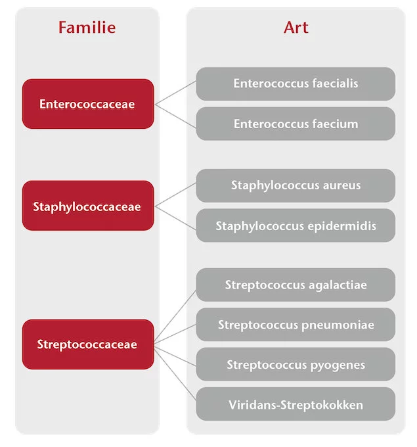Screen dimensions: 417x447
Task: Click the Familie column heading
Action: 87,28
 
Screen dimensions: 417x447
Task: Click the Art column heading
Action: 296,28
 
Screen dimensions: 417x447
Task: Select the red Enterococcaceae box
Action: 88,104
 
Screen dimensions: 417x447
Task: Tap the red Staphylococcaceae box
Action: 88,206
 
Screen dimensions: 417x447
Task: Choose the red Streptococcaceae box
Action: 88,344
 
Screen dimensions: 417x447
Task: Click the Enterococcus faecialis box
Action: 296,84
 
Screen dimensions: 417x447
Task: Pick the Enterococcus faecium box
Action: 296,124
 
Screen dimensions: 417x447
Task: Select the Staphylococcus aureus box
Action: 296,185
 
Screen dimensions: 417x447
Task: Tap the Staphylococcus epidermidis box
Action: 296,225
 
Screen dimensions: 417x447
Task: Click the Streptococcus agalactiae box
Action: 296,285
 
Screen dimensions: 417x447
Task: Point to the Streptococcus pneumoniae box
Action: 296,325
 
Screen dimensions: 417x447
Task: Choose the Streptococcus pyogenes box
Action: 296,364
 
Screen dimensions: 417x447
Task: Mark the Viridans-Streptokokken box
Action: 296,404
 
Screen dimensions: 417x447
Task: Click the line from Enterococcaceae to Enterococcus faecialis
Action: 175,93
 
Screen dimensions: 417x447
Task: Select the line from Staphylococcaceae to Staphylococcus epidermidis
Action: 175,218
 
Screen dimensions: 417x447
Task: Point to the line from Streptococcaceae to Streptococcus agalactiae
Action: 175,316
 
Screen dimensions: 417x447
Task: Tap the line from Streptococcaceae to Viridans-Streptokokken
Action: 175,373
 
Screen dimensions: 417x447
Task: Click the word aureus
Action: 341,185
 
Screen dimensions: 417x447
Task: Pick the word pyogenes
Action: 338,365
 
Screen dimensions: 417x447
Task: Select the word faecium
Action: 335,124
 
